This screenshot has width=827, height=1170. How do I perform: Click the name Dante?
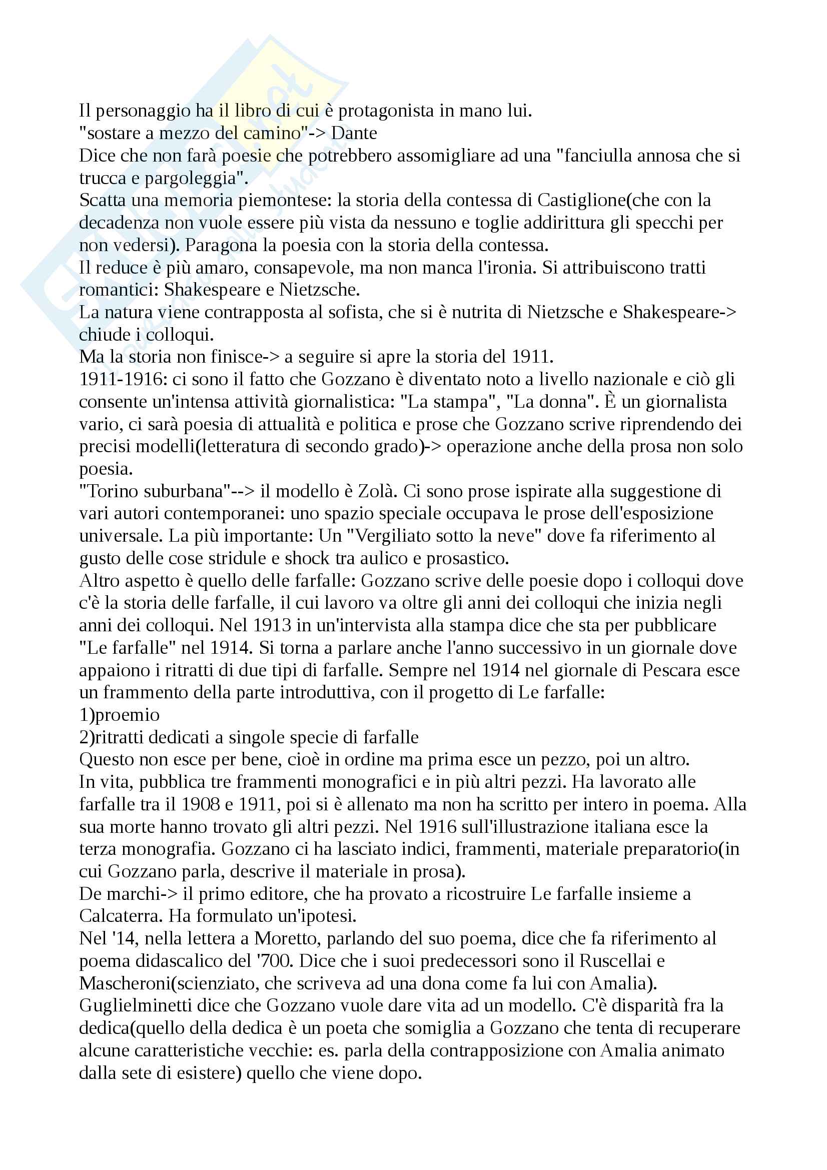tap(354, 133)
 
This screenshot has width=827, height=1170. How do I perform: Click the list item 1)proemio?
tap(119, 715)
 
